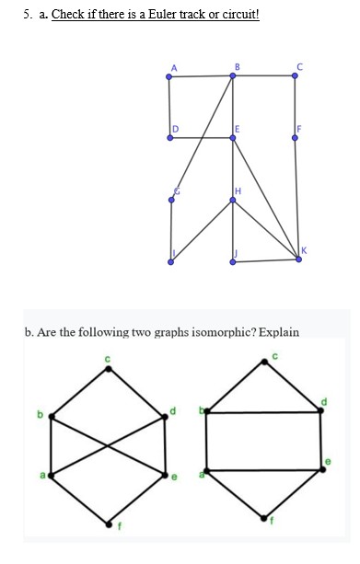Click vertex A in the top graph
click(168, 76)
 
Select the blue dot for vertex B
click(232, 76)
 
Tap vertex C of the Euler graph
click(295, 76)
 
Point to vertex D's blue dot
click(168, 138)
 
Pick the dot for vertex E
click(232, 138)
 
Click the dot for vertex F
click(295, 138)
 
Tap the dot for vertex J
click(232, 262)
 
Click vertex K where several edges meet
click(298, 259)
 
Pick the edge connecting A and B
click(200, 76)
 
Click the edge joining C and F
click(295, 107)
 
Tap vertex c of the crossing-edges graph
click(109, 369)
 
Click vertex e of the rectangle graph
click(323, 469)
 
